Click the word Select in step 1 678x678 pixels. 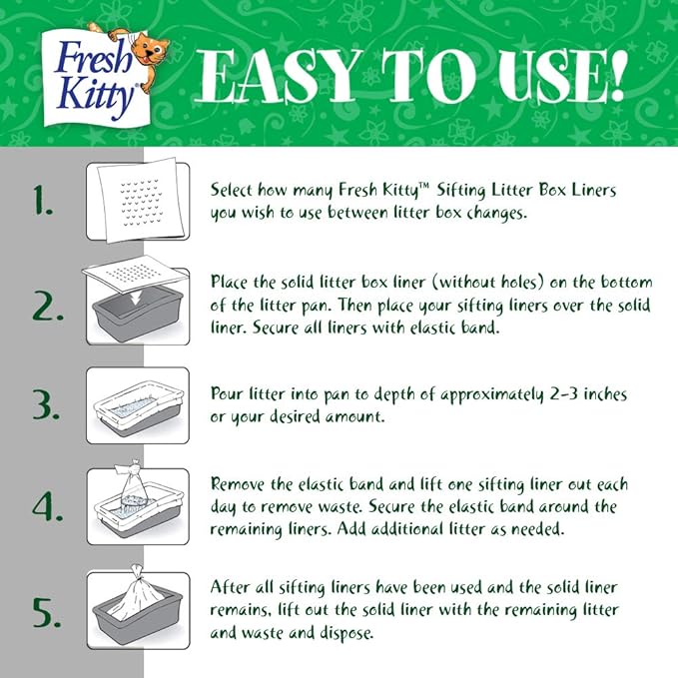pyautogui.click(x=232, y=188)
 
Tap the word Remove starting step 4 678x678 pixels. pyautogui.click(x=240, y=484)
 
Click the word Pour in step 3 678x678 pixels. pyautogui.click(x=228, y=394)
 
